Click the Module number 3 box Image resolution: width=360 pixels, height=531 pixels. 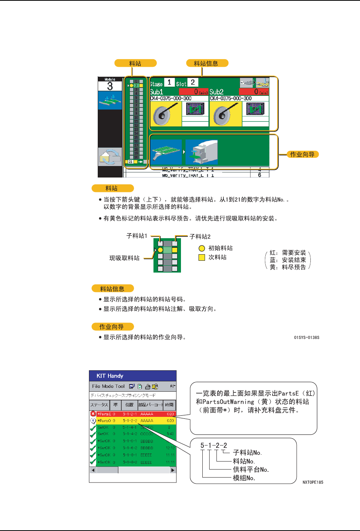click(110, 86)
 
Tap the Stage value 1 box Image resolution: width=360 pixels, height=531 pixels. click(169, 82)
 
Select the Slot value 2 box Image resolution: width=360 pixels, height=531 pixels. click(193, 82)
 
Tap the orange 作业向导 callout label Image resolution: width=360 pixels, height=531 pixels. click(302, 155)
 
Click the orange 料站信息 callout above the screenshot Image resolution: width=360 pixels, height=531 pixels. click(206, 63)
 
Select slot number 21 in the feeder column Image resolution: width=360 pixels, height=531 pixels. click(131, 162)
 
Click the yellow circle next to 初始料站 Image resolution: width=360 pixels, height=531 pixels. click(202, 249)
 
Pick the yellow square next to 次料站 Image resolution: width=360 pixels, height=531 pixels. click(202, 258)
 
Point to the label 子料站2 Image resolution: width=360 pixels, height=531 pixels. click(200, 237)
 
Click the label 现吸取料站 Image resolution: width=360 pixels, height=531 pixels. click(124, 258)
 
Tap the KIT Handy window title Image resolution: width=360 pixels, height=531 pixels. click(110, 376)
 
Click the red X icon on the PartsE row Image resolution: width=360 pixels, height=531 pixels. click(93, 414)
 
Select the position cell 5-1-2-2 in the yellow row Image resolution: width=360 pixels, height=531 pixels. click(130, 421)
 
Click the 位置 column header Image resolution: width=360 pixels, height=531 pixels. click(129, 405)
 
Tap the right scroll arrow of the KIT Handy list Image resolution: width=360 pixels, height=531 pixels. click(173, 470)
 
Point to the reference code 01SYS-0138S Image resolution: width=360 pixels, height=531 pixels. click(307, 337)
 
